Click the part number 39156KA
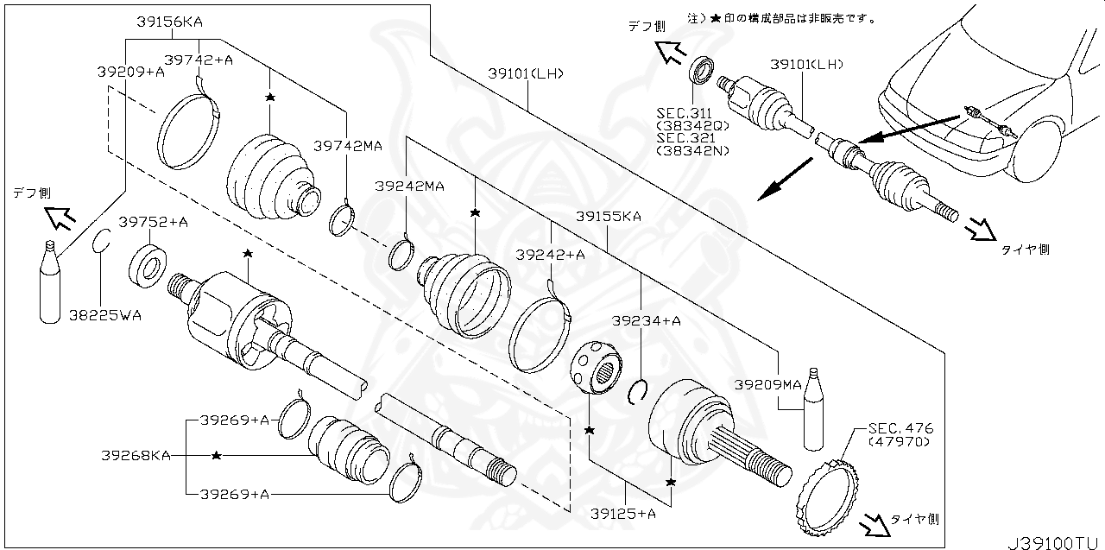coord(175,22)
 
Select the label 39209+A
coord(130,73)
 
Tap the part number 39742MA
coord(347,146)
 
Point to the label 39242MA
coord(409,186)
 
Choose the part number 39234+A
coord(647,320)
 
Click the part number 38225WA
coord(105,315)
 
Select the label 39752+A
coord(153,223)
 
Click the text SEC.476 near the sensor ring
coord(900,428)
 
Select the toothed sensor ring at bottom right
coord(824,497)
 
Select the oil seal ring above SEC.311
coord(704,69)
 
